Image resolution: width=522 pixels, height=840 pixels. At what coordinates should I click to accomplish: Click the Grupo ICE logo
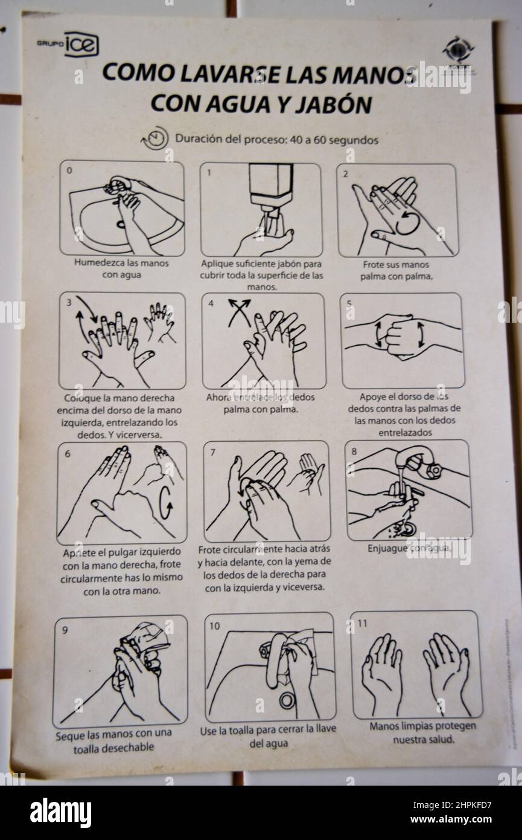[x=68, y=44]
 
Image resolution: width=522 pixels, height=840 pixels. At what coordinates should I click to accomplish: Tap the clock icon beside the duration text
[x=156, y=139]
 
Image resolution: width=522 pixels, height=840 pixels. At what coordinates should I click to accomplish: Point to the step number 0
[x=69, y=170]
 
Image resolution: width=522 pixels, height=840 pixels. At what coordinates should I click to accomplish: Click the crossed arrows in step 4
[x=239, y=312]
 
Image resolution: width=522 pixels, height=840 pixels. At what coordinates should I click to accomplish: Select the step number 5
[x=349, y=303]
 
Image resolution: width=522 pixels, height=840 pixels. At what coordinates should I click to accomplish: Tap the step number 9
[x=65, y=629]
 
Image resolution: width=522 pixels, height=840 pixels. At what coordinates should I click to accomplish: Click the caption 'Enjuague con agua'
[x=409, y=549]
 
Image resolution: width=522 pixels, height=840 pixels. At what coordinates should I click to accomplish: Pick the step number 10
[x=215, y=625]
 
